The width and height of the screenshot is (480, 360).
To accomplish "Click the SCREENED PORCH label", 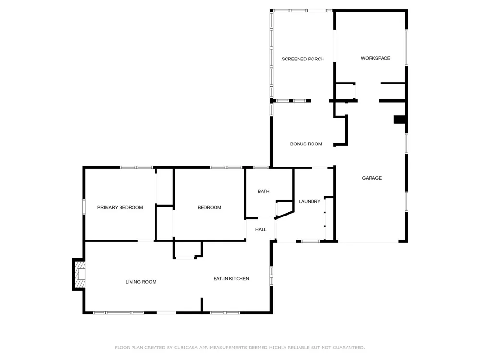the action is click(x=303, y=59).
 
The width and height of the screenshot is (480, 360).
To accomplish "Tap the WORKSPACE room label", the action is click(x=375, y=58).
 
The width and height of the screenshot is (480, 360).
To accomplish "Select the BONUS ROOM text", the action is click(x=306, y=144).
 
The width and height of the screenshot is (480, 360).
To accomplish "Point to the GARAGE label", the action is click(x=372, y=178).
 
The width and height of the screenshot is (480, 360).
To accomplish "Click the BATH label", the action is click(x=264, y=192).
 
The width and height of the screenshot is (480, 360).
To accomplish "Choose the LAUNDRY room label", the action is click(x=310, y=202).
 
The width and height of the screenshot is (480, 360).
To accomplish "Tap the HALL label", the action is click(x=261, y=229).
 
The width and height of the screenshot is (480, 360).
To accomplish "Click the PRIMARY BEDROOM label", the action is click(x=120, y=207).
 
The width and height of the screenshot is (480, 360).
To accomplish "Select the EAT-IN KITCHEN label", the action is click(x=231, y=279).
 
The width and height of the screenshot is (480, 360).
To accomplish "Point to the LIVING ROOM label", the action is click(x=141, y=282).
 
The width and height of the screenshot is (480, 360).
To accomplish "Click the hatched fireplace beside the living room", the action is click(x=80, y=274).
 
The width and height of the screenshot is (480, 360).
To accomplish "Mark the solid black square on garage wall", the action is click(x=399, y=120).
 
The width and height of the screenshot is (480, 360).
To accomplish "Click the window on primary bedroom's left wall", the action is click(x=84, y=206).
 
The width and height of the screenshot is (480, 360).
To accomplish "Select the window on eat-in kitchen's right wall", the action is click(x=271, y=276).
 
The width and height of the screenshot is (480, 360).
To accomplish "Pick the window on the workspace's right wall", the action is click(x=407, y=48).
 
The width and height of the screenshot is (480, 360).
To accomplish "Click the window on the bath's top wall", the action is click(x=261, y=168).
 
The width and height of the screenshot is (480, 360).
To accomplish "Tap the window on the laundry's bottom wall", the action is click(x=311, y=241).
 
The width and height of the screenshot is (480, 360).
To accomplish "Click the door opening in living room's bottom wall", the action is click(x=167, y=312).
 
